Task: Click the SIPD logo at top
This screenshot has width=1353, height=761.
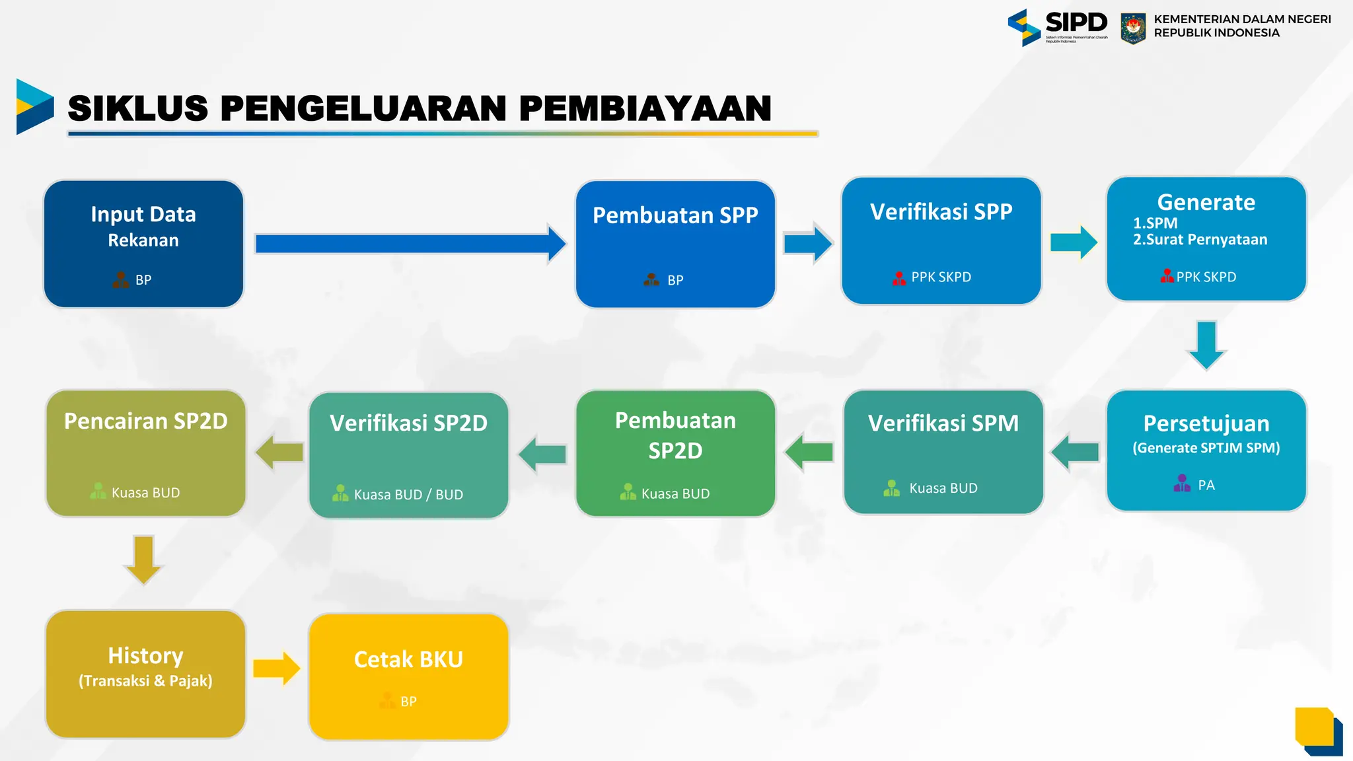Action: (x=1057, y=26)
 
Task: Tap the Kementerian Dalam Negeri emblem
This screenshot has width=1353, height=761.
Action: (x=1133, y=28)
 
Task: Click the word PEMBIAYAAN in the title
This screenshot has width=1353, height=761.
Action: (x=645, y=109)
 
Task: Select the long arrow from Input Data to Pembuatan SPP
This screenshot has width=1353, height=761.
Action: (x=410, y=244)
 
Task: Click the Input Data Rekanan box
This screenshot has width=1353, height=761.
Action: (x=143, y=244)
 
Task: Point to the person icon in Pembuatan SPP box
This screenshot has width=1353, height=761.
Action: (x=651, y=280)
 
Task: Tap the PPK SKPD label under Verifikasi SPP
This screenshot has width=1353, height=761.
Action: (x=941, y=277)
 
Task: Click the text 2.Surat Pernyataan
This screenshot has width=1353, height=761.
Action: (x=1200, y=240)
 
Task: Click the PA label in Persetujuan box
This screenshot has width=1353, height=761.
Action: (x=1206, y=486)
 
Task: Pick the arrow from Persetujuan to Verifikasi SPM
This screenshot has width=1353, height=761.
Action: (x=1075, y=453)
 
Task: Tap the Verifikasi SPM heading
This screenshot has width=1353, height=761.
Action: (x=943, y=423)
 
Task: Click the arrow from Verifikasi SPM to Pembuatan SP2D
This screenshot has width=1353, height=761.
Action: (x=809, y=453)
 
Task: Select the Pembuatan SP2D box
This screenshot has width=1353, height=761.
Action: (x=675, y=453)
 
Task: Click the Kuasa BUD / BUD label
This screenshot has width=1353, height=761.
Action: (x=408, y=495)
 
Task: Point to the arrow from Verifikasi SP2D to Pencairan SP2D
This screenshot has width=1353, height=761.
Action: (x=279, y=453)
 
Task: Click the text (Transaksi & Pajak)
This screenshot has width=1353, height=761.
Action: (x=145, y=681)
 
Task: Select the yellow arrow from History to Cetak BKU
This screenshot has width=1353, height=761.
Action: (x=276, y=669)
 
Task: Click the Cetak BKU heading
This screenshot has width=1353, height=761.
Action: (x=408, y=660)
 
